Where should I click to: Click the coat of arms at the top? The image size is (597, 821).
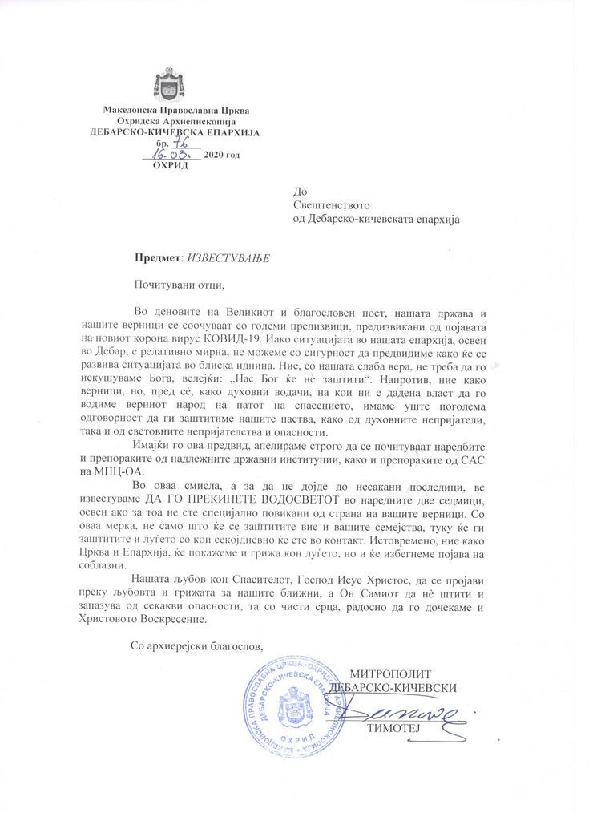[x=168, y=84]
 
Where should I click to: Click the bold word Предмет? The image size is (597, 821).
[x=158, y=258]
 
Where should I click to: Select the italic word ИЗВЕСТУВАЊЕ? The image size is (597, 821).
[x=228, y=258]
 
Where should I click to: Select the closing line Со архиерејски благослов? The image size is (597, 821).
[x=195, y=645]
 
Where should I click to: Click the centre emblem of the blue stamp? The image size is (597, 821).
[x=291, y=708]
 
